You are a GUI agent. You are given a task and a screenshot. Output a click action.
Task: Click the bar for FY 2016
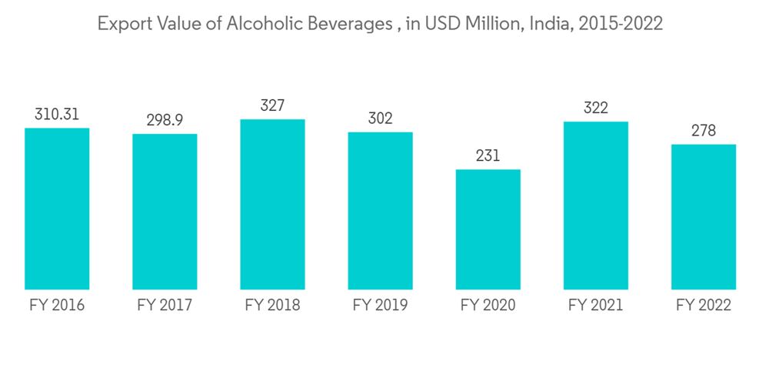pos(57,209)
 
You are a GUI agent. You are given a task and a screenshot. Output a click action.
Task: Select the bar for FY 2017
pos(165,212)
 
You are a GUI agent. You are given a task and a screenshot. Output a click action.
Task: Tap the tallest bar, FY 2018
pos(272,204)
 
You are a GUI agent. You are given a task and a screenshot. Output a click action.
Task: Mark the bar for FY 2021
pos(595,206)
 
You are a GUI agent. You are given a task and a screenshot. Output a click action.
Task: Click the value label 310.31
pos(57,115)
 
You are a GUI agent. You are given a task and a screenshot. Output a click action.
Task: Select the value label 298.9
pos(165,121)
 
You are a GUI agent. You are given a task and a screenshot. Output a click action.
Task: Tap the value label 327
pos(272,105)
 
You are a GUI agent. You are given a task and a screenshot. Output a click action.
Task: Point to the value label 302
pos(380,119)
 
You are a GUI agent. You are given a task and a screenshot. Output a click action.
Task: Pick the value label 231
pos(488,156)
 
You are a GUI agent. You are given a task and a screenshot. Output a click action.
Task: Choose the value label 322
pos(595,108)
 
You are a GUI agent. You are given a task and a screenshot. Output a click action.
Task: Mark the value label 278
pos(703,131)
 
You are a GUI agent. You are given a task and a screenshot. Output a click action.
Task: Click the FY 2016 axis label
pos(57,306)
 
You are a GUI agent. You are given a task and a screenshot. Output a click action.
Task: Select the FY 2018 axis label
pos(272,306)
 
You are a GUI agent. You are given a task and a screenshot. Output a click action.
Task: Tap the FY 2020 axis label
pos(488,306)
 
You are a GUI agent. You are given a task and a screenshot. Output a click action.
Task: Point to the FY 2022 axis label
pos(703,306)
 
